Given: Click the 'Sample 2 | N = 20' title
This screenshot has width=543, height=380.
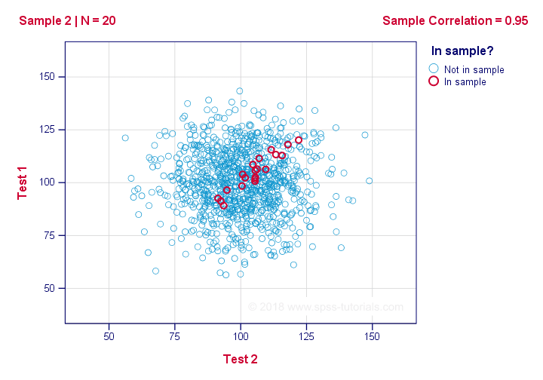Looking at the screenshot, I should [67, 20].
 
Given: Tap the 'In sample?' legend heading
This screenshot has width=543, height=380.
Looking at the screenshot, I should [462, 51].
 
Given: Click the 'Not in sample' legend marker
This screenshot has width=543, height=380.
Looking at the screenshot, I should [434, 69].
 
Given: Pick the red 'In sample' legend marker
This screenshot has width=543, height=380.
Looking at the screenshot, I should [434, 81].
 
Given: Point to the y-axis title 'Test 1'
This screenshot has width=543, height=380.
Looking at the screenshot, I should [23, 182].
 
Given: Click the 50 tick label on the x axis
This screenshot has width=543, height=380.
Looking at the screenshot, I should [109, 335].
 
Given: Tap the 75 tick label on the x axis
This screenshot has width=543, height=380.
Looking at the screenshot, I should [175, 335].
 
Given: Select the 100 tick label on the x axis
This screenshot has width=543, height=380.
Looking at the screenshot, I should [240, 335].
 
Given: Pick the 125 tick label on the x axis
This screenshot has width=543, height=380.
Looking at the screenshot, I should [305, 335].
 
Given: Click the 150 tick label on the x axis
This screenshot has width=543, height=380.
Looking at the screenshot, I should [371, 335].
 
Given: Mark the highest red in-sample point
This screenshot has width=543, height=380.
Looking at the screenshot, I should [299, 139].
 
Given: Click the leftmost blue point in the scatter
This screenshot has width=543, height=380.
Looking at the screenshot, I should [125, 138].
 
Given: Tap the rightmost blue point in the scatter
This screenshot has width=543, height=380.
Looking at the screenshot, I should [369, 181].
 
